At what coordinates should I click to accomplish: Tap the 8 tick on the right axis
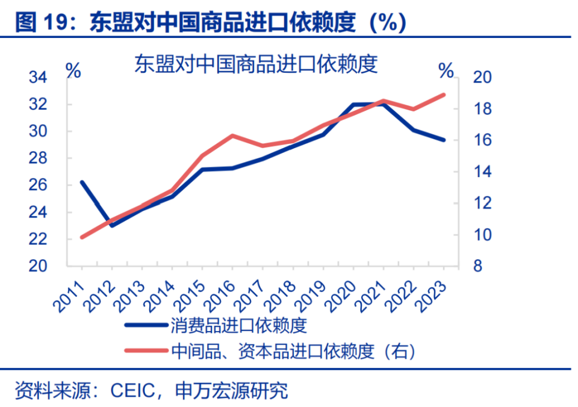coord(477,266)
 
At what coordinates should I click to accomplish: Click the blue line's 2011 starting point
coord(82,182)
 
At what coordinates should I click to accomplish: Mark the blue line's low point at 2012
coord(112,225)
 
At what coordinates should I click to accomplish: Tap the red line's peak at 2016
coord(232,135)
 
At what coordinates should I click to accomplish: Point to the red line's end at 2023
coord(444,95)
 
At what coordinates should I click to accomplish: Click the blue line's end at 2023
coord(444,140)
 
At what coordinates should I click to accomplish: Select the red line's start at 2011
coord(82,237)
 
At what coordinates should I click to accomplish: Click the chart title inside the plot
coord(256,64)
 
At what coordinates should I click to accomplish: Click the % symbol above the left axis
coord(73,70)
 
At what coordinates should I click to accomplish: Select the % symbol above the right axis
coord(446,70)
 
